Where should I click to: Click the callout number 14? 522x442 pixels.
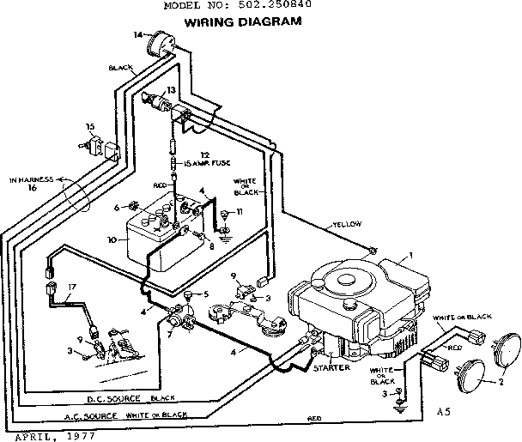137,34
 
